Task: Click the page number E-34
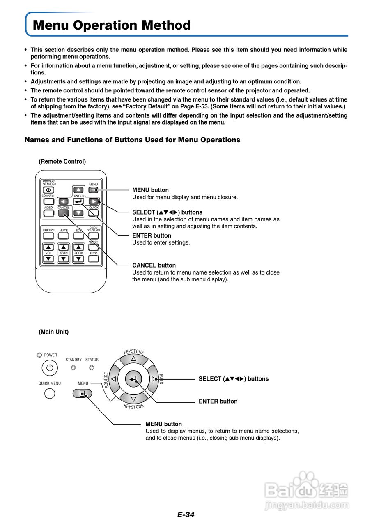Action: tap(186, 514)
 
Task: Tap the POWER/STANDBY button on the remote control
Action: tap(48, 190)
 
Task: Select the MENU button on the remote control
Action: tap(94, 190)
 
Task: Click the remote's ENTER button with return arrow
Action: tap(78, 201)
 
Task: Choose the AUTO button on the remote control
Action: tap(94, 259)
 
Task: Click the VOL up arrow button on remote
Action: tap(48, 247)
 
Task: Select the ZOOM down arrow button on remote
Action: tap(78, 259)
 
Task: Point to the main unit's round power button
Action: tap(49, 368)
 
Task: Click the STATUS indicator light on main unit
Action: tap(92, 368)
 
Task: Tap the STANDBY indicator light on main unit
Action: tap(73, 368)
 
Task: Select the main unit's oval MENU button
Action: tap(82, 393)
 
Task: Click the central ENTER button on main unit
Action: tap(133, 379)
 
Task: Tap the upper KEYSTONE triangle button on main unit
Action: tap(133, 358)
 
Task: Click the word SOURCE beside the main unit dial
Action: tap(106, 380)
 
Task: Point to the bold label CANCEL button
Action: tap(154, 265)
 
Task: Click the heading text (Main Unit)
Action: tap(53, 332)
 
